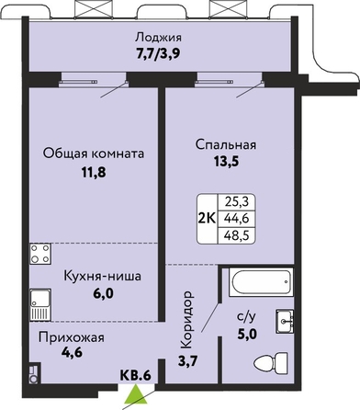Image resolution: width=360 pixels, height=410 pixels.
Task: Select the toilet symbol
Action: tap(271, 363)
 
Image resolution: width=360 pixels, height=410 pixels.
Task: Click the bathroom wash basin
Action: tap(285, 321)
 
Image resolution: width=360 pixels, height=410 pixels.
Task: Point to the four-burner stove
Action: tap(40, 254)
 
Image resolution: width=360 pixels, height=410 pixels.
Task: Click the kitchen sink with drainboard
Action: tap(40, 304)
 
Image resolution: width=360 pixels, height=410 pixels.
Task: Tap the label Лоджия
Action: tap(159, 38)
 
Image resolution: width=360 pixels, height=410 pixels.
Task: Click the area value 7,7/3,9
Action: tap(158, 54)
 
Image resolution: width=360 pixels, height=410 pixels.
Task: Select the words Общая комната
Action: tap(94, 154)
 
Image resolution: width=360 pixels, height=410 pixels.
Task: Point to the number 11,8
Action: tap(94, 173)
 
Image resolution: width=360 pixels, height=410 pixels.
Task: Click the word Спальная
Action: tap(226, 144)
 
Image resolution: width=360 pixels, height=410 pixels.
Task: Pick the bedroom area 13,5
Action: tap(226, 162)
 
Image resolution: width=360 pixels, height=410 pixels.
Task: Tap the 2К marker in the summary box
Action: tap(208, 219)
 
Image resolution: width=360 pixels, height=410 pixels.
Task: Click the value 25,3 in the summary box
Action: tap(236, 201)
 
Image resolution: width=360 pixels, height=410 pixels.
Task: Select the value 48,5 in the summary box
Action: tap(236, 235)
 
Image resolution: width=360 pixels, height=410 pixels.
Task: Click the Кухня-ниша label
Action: tap(103, 276)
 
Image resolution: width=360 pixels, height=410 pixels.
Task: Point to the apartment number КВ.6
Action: tap(135, 375)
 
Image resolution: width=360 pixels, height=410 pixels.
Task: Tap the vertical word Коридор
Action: tap(186, 320)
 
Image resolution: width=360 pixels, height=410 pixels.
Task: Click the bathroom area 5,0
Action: tap(247, 334)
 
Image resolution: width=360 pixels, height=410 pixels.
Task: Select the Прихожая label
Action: tap(72, 337)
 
